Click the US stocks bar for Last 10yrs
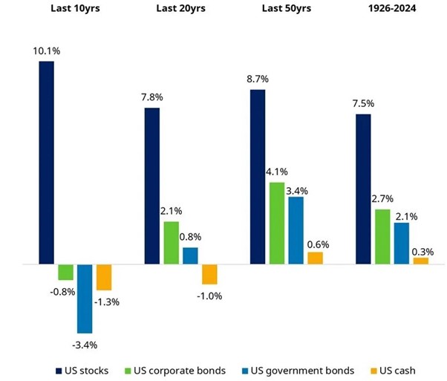tap(46, 163)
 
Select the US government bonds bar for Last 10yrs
tap(85, 298)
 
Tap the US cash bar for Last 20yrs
tap(210, 274)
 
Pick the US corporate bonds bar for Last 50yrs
tap(276, 223)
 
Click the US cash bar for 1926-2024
tap(421, 261)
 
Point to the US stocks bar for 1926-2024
tap(364, 189)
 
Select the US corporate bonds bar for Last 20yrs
tap(171, 243)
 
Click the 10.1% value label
tap(46, 51)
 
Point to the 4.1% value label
tap(276, 172)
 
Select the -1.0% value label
tap(210, 296)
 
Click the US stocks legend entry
tap(80, 369)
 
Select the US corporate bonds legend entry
tap(177, 369)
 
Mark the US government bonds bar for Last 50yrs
tap(296, 230)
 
